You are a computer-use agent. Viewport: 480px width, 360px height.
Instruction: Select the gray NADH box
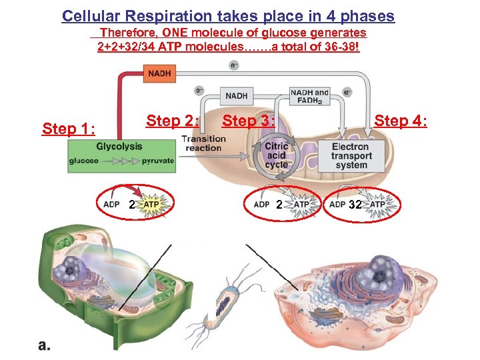click(x=237, y=96)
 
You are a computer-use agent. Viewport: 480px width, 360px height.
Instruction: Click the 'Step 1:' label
click(x=69, y=128)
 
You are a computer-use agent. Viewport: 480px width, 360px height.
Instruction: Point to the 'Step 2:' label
click(x=173, y=121)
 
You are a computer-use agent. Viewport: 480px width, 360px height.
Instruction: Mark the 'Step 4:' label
click(x=401, y=121)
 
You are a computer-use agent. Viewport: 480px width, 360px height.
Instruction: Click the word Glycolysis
click(x=119, y=146)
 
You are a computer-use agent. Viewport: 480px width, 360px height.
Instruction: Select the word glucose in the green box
click(x=84, y=160)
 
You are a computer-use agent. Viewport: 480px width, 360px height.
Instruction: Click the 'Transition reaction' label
click(x=203, y=143)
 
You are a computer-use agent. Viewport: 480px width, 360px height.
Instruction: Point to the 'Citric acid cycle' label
click(x=276, y=155)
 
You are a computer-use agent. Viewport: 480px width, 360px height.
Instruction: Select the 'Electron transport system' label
click(x=351, y=155)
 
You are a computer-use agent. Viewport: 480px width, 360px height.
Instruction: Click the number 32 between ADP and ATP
click(x=355, y=205)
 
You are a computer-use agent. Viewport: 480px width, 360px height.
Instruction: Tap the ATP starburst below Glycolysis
click(x=153, y=204)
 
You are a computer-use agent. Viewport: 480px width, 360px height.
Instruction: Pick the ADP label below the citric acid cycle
click(x=261, y=205)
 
